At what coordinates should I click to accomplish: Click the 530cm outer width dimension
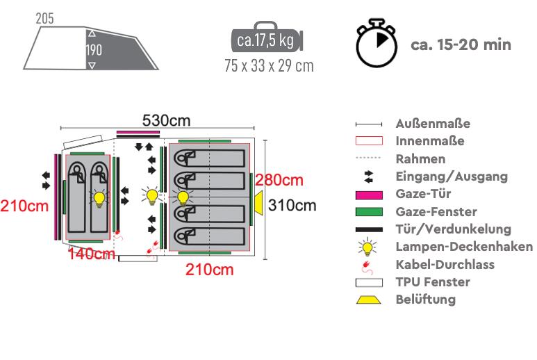pos(166,120)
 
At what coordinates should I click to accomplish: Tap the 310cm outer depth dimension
pos(292,206)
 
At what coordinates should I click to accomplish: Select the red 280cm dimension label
pos(279,180)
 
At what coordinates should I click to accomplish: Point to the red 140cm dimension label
pos(91,254)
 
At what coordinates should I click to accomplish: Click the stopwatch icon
pos(377,43)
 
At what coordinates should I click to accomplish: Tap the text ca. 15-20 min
pos(461,45)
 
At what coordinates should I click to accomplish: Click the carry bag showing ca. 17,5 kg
pos(267,38)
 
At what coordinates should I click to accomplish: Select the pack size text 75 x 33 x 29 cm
pos(269,65)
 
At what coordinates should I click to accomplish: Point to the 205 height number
pos(44,19)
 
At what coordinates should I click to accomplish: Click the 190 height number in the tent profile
pos(94,50)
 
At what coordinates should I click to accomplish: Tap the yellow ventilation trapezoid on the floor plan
pos(258,203)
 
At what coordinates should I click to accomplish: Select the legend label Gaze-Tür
pos(423,193)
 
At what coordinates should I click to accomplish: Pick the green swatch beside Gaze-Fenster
pos(369,212)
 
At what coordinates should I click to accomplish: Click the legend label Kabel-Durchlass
pos(445,264)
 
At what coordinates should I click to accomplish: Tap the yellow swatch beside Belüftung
pos(368,300)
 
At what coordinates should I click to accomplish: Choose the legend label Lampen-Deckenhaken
pos(464,247)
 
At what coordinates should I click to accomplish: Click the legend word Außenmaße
pos(433,124)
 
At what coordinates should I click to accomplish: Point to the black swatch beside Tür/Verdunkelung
pos(369,229)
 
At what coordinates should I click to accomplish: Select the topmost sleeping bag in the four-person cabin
pos(210,158)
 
